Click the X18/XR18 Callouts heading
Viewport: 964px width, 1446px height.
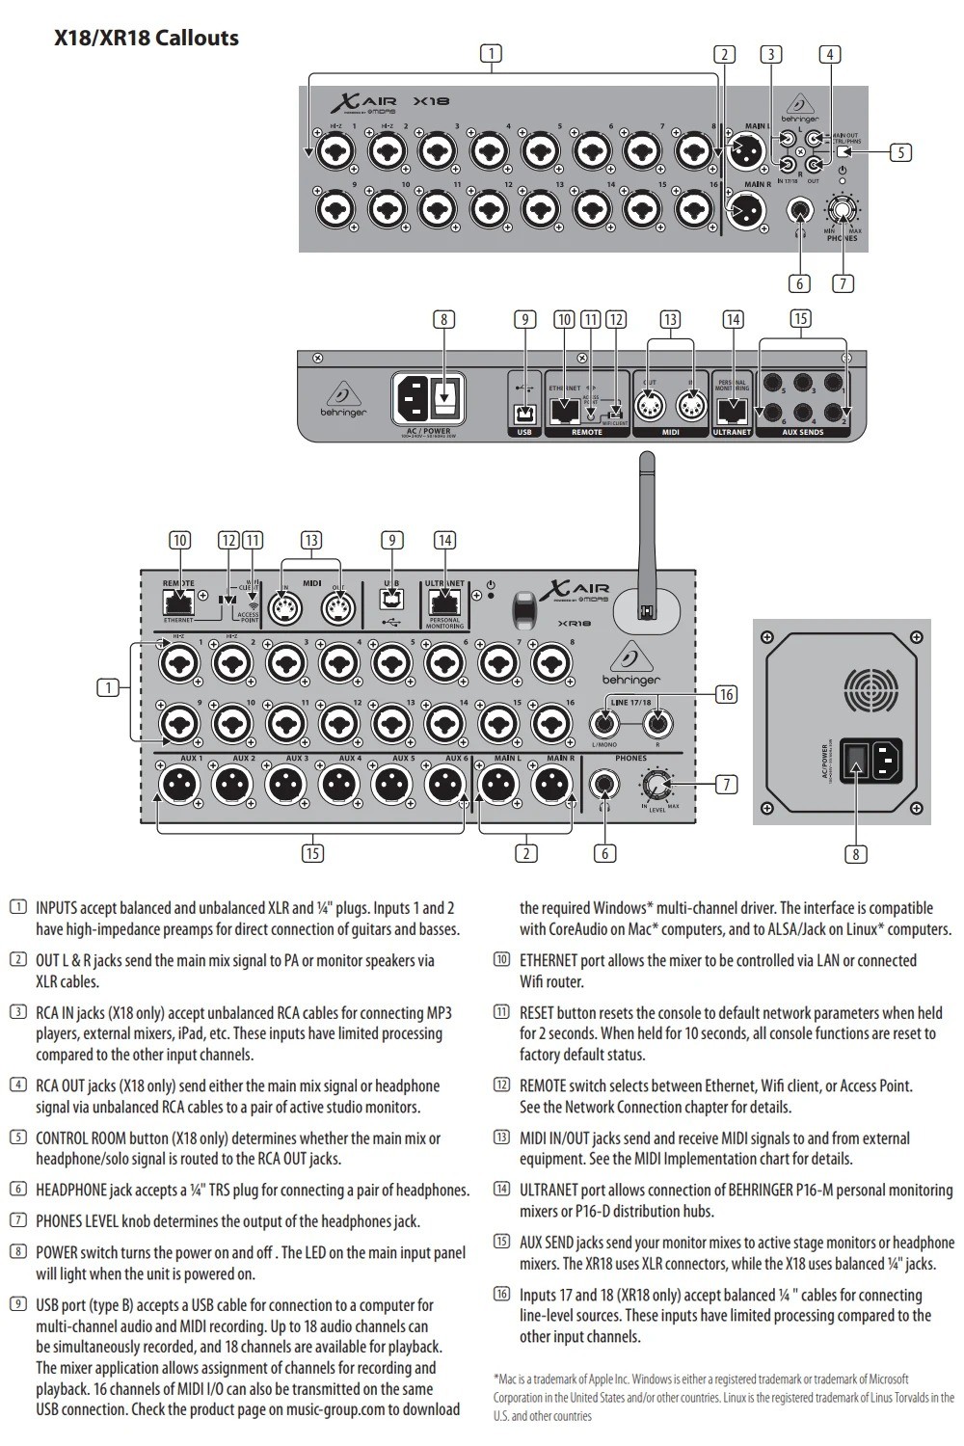[147, 39]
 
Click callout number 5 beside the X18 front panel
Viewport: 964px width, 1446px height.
[900, 152]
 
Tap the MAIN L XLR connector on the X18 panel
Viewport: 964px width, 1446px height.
[748, 151]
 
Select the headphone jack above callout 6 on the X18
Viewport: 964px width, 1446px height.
[799, 209]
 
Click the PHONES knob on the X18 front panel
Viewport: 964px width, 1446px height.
[843, 209]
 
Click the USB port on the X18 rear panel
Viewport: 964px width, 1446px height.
[525, 414]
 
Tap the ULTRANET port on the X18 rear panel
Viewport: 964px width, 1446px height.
[733, 413]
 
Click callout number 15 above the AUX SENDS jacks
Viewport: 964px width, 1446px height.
[800, 319]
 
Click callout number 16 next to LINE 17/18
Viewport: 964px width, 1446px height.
[726, 694]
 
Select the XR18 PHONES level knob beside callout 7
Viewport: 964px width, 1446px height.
[657, 785]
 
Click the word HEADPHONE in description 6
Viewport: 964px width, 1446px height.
[71, 1191]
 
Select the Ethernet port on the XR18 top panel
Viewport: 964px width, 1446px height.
[178, 602]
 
